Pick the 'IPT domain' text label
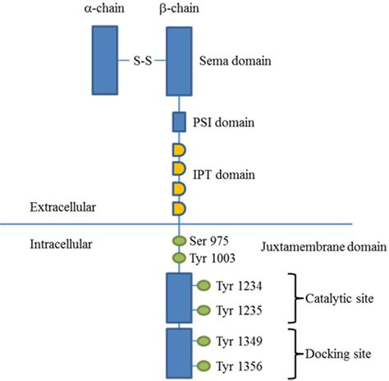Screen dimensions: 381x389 [227, 175]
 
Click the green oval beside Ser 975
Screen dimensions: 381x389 [179, 241]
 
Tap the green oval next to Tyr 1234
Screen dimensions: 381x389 [204, 286]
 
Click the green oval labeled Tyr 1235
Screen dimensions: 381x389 [204, 310]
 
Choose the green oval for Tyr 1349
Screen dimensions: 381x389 [204, 340]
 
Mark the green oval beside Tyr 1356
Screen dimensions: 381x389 [204, 365]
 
